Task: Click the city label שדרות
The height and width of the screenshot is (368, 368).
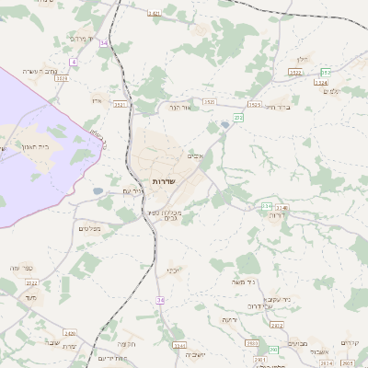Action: pyautogui.click(x=164, y=181)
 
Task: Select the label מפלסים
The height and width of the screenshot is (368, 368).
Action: pyautogui.click(x=89, y=228)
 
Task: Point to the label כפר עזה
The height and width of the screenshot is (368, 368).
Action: pyautogui.click(x=21, y=268)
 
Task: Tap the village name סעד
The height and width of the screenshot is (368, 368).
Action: pyautogui.click(x=31, y=297)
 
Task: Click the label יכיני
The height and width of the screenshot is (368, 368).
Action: pyautogui.click(x=173, y=270)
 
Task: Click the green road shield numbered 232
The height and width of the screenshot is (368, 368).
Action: pyautogui.click(x=238, y=118)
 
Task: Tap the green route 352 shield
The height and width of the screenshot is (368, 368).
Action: pyautogui.click(x=326, y=72)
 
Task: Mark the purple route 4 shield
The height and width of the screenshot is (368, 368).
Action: pyautogui.click(x=74, y=61)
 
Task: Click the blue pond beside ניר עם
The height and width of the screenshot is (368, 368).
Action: pyautogui.click(x=98, y=191)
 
